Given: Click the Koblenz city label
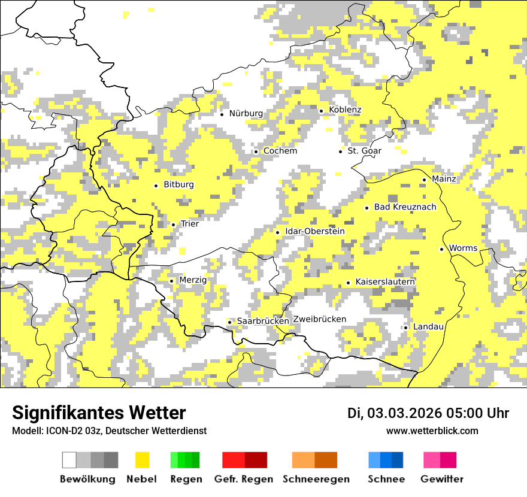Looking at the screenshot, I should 345,110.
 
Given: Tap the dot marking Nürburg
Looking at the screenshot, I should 222,114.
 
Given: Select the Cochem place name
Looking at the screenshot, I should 280,151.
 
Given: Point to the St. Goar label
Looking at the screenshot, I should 364,151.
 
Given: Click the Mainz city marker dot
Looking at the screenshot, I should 424,180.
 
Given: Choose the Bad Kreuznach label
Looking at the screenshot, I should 405,207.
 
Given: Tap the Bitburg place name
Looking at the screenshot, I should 178,185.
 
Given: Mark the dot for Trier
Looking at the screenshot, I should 173,225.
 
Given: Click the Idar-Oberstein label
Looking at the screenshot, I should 315,232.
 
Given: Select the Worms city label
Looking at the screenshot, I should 463,249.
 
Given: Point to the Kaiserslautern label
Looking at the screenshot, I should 385,281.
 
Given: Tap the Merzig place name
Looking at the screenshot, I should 193,280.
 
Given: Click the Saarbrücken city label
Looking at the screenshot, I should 263,322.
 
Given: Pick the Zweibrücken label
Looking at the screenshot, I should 319,319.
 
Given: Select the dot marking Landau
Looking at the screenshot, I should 405,328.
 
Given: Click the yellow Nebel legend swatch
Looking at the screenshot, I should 142,460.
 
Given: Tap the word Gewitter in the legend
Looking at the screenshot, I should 441,479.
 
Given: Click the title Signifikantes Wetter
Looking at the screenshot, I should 99,413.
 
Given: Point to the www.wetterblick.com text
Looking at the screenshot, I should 432,431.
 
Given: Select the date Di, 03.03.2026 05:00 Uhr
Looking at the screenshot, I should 428,413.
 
